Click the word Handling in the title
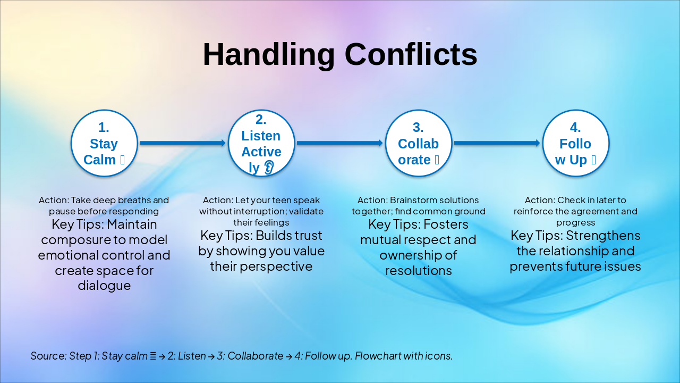tap(269, 55)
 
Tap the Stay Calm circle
tap(104, 143)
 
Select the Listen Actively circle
tap(261, 143)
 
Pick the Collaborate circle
tap(419, 143)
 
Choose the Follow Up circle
tap(575, 143)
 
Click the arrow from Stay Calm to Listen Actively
tap(183, 143)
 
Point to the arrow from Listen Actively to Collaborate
tap(340, 143)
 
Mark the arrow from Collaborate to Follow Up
tap(497, 143)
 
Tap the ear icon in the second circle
tap(269, 168)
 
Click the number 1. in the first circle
tap(104, 127)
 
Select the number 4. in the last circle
tap(575, 127)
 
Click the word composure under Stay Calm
tap(74, 240)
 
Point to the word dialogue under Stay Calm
tap(104, 286)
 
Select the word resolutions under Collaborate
tap(419, 271)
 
